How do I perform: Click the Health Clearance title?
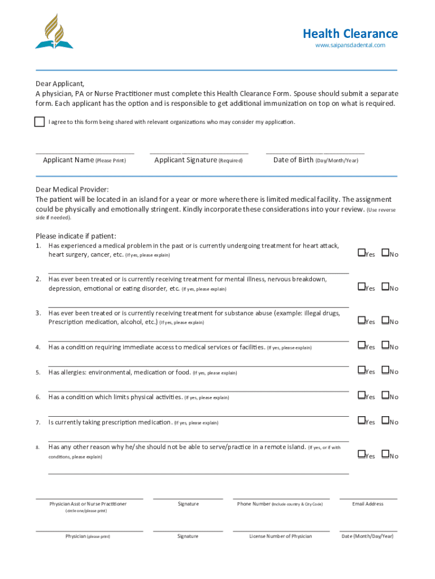pyautogui.click(x=350, y=34)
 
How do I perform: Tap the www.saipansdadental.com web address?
pyautogui.click(x=350, y=45)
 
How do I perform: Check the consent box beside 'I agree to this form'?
pyautogui.click(x=39, y=122)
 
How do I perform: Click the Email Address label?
pyautogui.click(x=367, y=504)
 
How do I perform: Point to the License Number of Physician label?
pyautogui.click(x=280, y=536)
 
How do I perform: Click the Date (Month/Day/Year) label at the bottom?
pyautogui.click(x=367, y=536)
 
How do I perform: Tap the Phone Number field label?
pyautogui.click(x=280, y=504)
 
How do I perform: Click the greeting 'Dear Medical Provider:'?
pyautogui.click(x=72, y=189)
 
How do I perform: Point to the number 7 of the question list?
pyautogui.click(x=38, y=422)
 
